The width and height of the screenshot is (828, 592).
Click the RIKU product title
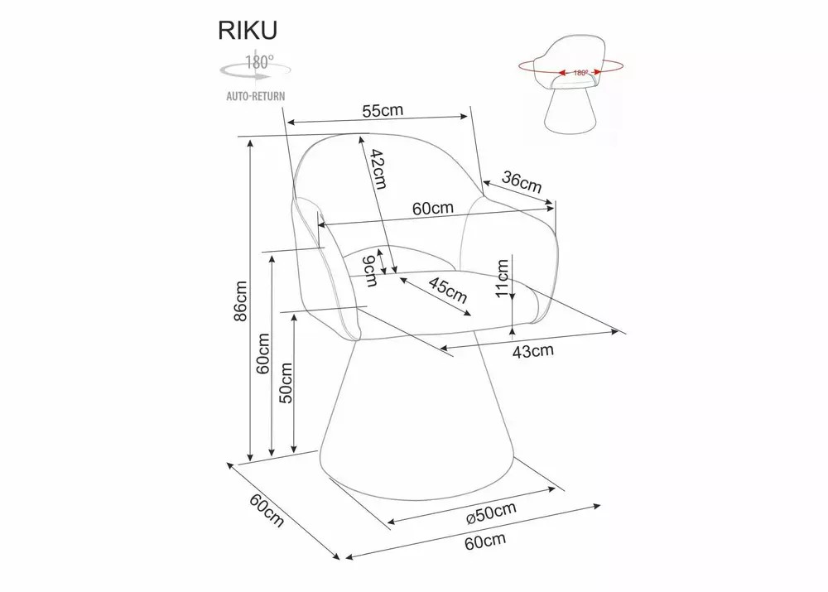click(x=247, y=30)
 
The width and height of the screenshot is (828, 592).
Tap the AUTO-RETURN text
click(x=255, y=96)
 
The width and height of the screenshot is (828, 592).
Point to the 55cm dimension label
click(x=383, y=110)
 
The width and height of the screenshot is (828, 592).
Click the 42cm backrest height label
click(x=378, y=169)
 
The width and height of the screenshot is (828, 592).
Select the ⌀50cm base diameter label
click(x=492, y=513)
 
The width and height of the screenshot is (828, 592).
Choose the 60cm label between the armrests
click(x=433, y=209)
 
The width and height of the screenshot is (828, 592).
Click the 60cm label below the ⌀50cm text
click(x=485, y=542)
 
